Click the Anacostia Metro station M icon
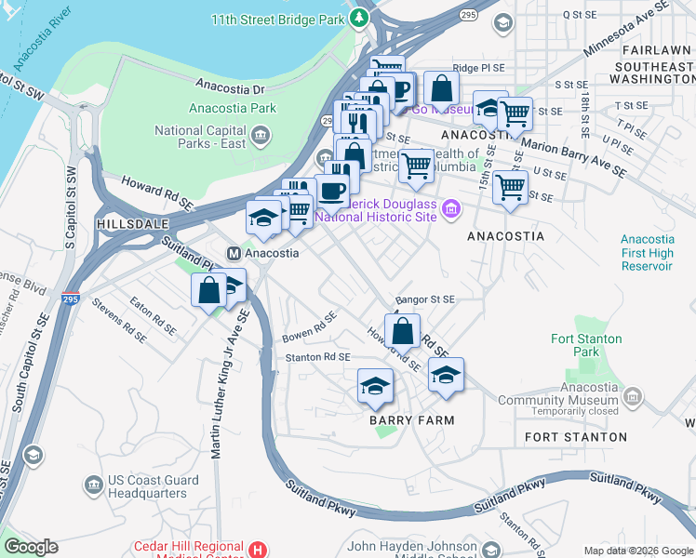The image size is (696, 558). pyautogui.click(x=236, y=253)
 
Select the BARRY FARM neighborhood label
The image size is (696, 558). pyautogui.click(x=411, y=420)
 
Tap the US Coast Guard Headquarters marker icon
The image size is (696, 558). pyautogui.click(x=93, y=485)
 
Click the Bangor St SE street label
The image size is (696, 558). pyautogui.click(x=424, y=300)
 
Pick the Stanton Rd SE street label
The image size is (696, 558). pyautogui.click(x=317, y=356)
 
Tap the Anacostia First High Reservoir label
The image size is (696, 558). pyautogui.click(x=647, y=253)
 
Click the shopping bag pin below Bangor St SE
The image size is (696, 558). pyautogui.click(x=402, y=331)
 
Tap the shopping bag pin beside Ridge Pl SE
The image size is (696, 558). pyautogui.click(x=442, y=88)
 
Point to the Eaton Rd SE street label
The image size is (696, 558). pyautogui.click(x=153, y=316)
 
